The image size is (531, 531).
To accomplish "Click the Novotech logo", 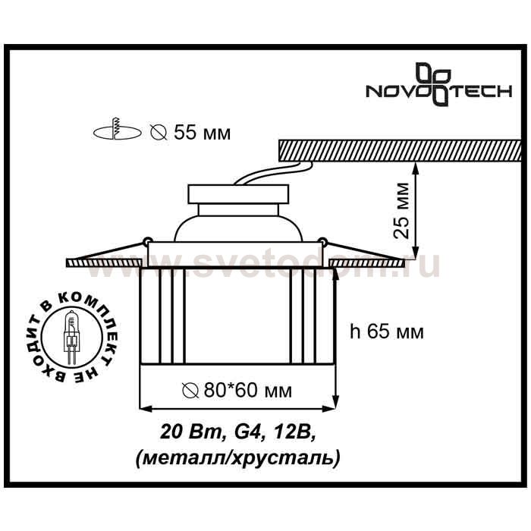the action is click(x=438, y=84).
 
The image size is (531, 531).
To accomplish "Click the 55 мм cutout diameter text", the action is click(x=203, y=133).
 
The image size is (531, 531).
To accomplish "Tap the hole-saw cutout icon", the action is click(x=117, y=130).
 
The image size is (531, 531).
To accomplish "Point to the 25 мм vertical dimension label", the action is click(x=402, y=211).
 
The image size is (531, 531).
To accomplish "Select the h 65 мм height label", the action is click(x=386, y=331).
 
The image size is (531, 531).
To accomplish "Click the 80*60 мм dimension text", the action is click(x=247, y=391).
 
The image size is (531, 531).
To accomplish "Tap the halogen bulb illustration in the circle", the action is click(x=71, y=337).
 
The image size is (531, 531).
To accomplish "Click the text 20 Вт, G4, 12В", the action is click(x=238, y=432).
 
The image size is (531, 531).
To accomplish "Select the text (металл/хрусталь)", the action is click(x=237, y=458).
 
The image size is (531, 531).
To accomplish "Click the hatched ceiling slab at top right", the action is click(x=399, y=150).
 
